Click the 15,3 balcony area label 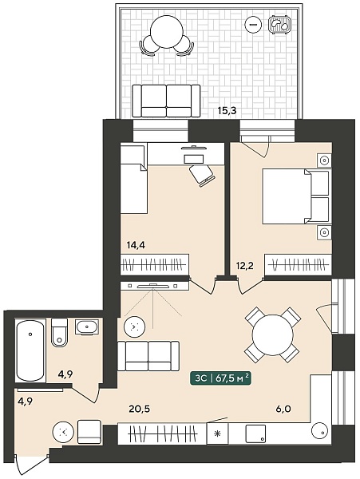coord(227,110)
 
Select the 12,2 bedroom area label coord(245,266)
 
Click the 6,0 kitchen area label coord(283,409)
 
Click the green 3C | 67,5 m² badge coord(220,378)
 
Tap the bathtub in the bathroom coord(30,350)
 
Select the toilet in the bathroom coord(59,332)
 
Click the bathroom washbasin coord(87,327)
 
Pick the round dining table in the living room coord(272,335)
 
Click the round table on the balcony coord(167,32)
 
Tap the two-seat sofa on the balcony coord(166,101)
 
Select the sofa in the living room coord(148,356)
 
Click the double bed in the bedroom coord(296,196)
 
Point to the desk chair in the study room coord(201,176)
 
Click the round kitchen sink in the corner coord(320,430)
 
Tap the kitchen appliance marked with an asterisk coord(217,433)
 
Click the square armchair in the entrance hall coord(89,432)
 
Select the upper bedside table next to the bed coord(324,160)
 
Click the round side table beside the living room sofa coord(134,327)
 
